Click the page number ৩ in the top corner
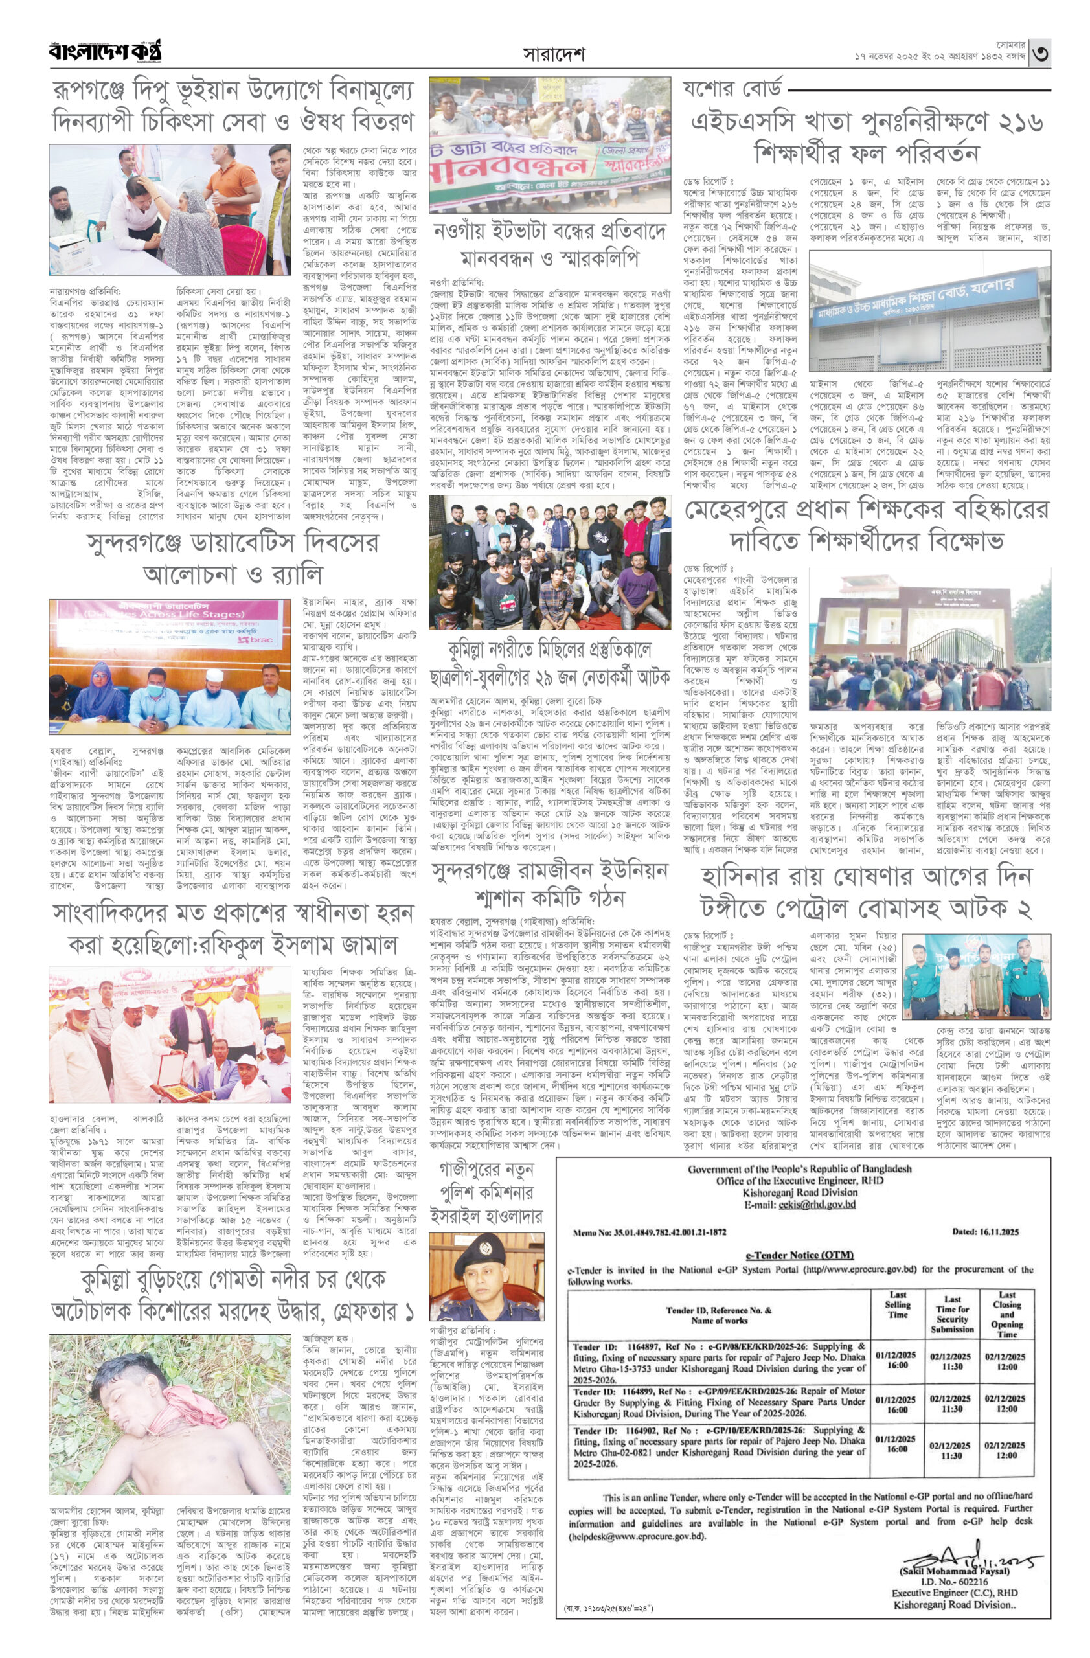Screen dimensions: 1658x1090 1040,54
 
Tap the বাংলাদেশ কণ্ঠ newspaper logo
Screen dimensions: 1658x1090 105,52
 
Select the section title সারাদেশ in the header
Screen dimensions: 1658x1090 554,54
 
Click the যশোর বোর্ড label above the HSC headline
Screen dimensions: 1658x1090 731,89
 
